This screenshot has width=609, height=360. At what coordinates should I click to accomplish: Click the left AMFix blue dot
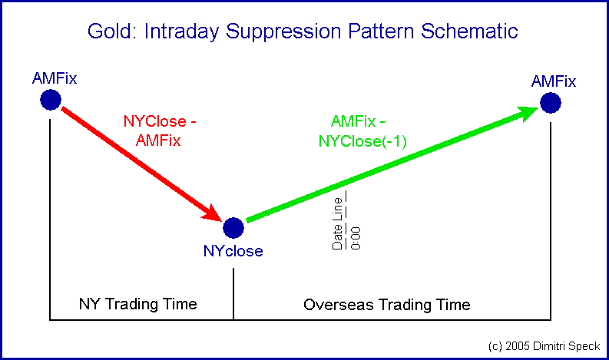(51, 100)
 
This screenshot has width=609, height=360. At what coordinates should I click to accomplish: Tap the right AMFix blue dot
(551, 102)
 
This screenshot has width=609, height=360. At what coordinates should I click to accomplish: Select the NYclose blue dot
(233, 228)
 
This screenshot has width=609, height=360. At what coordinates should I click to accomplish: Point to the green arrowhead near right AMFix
(528, 114)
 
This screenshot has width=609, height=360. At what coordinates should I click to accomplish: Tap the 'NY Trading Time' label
(138, 304)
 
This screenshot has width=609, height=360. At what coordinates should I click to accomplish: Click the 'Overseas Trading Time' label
(387, 305)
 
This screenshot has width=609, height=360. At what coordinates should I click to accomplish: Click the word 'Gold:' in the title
(111, 31)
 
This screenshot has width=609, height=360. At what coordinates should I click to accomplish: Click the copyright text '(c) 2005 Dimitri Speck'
(542, 346)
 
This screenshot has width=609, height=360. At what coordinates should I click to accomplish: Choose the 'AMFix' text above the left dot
(55, 78)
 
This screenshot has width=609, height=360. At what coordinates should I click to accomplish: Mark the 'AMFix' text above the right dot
(553, 81)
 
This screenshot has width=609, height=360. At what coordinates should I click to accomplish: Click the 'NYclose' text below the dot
(233, 251)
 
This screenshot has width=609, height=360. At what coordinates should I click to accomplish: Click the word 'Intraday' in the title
(179, 32)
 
